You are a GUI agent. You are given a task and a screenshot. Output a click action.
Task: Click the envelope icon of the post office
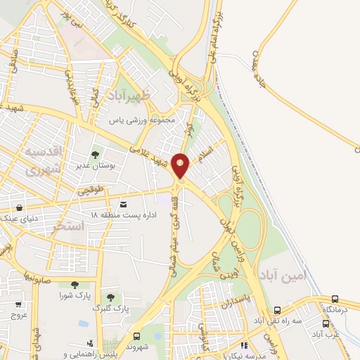(124, 204)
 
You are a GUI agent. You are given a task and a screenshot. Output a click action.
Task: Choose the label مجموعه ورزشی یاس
(150, 120)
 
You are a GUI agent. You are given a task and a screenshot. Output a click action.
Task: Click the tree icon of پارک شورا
(75, 285)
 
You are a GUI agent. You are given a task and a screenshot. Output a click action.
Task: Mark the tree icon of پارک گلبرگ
(110, 299)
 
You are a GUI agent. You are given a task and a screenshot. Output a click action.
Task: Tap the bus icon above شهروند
(136, 335)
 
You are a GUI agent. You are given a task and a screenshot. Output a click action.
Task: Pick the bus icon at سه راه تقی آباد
(278, 310)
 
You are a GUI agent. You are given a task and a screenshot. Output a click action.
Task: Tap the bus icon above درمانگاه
(335, 300)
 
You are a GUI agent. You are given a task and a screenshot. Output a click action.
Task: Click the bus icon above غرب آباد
(326, 324)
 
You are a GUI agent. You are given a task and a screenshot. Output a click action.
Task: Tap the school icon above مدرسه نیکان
(244, 345)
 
